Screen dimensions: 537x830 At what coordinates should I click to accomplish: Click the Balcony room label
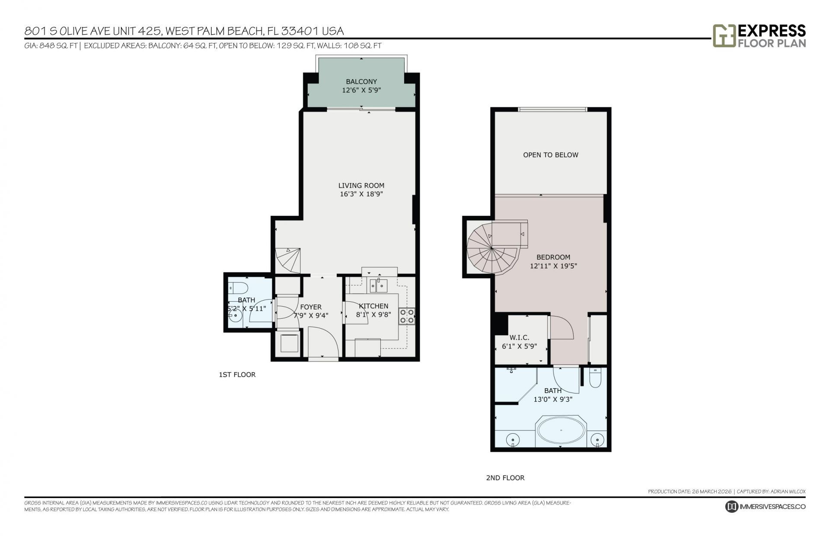tap(361, 81)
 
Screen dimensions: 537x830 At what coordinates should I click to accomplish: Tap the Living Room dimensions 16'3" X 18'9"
tap(361, 194)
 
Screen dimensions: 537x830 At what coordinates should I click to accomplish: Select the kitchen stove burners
tap(406, 316)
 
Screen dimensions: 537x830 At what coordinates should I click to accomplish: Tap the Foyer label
tap(311, 307)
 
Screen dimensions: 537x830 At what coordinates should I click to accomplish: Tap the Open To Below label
tap(550, 155)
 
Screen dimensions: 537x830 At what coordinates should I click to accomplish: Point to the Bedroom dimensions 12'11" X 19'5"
tap(553, 266)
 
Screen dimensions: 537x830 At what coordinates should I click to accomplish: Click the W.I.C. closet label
tap(519, 338)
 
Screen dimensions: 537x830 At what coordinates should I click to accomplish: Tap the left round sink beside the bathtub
tap(512, 439)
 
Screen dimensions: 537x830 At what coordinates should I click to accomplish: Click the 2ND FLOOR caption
tap(505, 478)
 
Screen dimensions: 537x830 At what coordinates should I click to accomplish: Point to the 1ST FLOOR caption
tap(237, 374)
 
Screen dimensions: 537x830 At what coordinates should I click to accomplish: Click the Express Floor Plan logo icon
tap(724, 35)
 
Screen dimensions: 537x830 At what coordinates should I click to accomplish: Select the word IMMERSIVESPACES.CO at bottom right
tap(772, 507)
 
